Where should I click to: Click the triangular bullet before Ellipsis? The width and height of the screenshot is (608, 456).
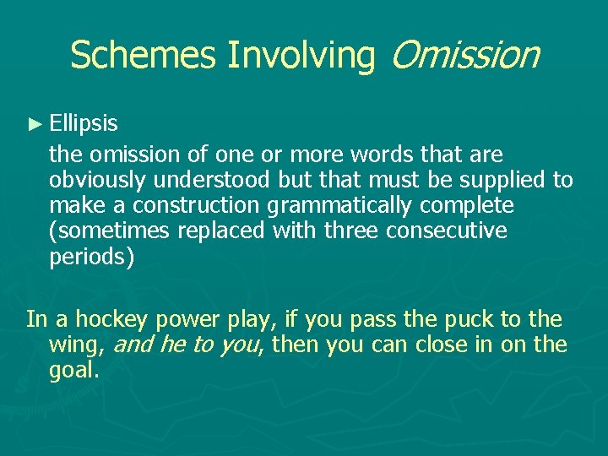tap(35, 125)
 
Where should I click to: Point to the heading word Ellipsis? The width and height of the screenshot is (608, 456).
tap(84, 125)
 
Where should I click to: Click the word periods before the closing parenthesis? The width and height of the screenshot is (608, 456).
tap(88, 257)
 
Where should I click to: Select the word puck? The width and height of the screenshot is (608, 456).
tap(473, 319)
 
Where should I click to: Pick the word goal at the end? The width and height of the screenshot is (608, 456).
tap(73, 370)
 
